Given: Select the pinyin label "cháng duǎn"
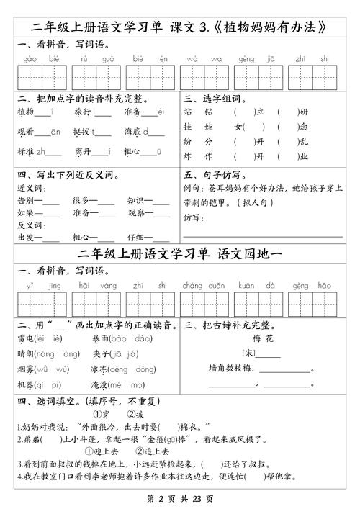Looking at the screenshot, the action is click(x=206, y=285).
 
